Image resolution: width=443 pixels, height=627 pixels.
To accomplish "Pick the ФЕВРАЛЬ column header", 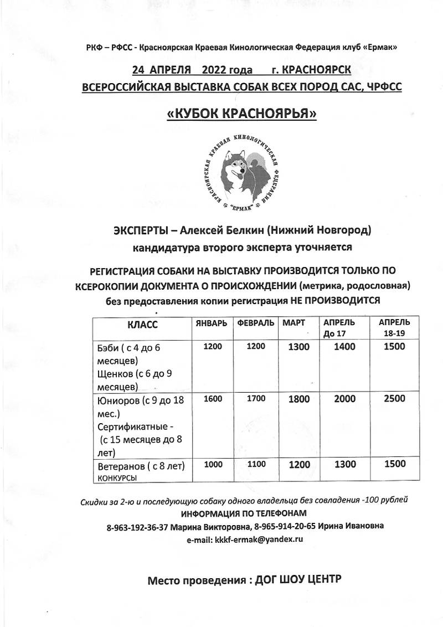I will (256, 322).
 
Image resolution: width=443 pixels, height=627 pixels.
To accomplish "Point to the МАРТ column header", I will (294, 322).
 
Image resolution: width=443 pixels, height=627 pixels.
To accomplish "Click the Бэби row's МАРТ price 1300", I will (300, 347).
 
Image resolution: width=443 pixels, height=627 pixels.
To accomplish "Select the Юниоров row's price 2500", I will (394, 399).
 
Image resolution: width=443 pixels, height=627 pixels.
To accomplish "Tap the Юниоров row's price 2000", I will (345, 399).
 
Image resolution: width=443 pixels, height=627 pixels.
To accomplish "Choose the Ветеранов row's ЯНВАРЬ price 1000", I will (213, 465).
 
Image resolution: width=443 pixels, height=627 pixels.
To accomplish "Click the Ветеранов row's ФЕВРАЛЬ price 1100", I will (256, 465).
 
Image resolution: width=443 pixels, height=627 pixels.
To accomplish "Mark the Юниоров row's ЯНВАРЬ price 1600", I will (213, 398).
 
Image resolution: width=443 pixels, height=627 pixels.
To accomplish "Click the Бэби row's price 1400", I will (345, 347).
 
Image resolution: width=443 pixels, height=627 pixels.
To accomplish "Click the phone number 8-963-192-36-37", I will (137, 526).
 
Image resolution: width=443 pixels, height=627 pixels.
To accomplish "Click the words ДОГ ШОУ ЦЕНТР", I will (298, 580).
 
